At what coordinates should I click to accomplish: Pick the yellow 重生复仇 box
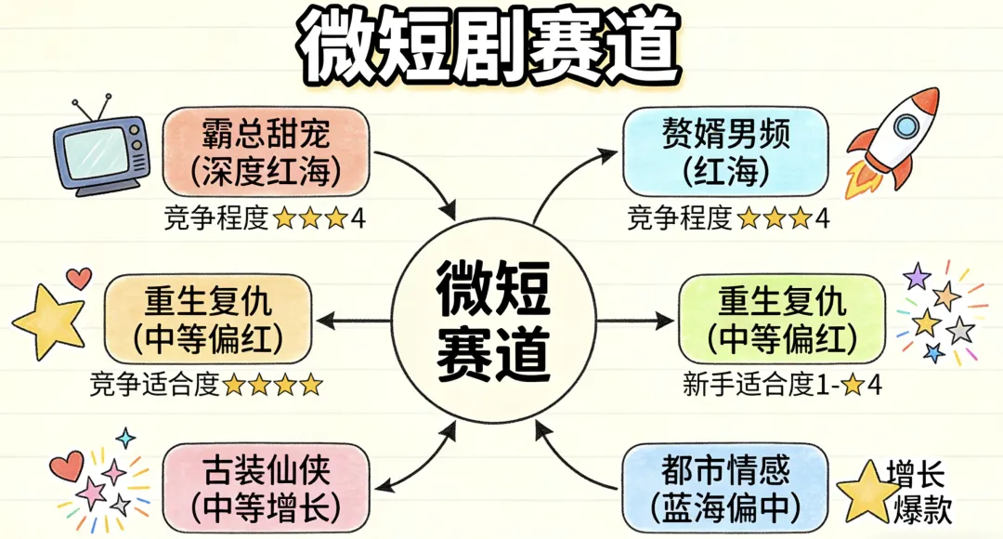coord(208,318)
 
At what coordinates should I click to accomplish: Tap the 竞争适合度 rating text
coord(206,384)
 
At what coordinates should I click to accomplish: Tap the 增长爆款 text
coord(918,493)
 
